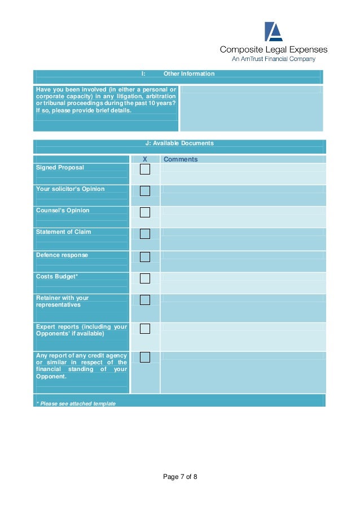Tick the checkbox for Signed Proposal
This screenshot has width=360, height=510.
coord(145,169)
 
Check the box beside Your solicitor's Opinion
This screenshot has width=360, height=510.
coord(145,191)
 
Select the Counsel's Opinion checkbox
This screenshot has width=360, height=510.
coord(145,212)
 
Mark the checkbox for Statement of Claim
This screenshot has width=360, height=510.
coord(145,234)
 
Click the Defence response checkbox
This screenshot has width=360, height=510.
coord(145,257)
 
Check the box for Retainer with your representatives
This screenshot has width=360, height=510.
coord(145,300)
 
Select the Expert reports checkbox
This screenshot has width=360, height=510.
coord(145,329)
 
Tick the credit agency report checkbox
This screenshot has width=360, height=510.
coord(145,357)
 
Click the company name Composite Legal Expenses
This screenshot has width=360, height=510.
coord(273,50)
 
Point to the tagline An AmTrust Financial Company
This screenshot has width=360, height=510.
coord(274,59)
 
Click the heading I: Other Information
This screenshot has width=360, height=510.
coord(178,74)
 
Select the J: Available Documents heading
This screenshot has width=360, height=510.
coord(179,143)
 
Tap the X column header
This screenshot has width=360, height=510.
coord(145,159)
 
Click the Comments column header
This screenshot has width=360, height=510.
coord(181,159)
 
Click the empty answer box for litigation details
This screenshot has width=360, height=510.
coord(251,108)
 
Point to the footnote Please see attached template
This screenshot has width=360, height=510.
coord(76,404)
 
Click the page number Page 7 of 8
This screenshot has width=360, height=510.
coord(180,477)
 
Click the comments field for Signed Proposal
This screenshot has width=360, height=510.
coord(243,174)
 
